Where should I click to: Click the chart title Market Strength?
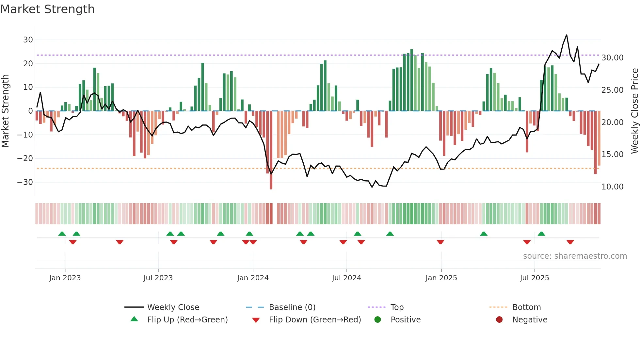pos(47,9)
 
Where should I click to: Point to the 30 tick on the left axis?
pos(28,40)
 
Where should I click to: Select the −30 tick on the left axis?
pos(25,182)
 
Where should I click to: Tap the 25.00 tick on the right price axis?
pos(612,90)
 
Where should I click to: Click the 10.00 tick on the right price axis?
pos(612,187)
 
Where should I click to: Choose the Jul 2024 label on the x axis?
pos(346,278)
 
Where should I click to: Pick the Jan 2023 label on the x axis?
pos(65,278)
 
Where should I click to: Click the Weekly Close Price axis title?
pos(634,111)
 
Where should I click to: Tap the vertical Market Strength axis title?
pos(5,111)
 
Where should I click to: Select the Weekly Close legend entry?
pos(173,307)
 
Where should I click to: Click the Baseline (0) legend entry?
pos(292,307)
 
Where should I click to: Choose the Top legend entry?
pos(397,307)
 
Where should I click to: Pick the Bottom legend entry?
pos(526,307)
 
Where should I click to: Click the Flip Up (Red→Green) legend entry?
pos(187,320)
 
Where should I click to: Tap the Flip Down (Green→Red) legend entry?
pos(315,320)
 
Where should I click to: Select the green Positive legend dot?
pos(378,320)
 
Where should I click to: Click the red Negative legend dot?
pos(499,320)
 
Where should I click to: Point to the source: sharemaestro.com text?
pos(575,256)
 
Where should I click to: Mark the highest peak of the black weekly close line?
pos(567,35)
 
